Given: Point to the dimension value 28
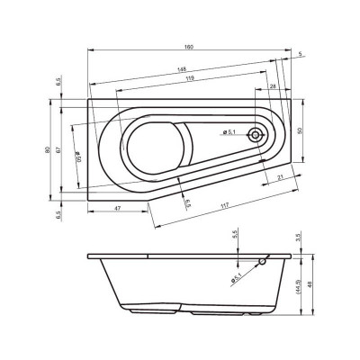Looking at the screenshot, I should [x=272, y=87].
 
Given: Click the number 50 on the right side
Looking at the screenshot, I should [x=301, y=131].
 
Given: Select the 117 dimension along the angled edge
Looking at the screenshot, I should [x=225, y=206].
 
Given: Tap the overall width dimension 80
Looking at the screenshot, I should [x=48, y=149].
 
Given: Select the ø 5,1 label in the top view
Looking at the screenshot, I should [x=229, y=134].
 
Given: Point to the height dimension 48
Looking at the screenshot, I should [x=311, y=286].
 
